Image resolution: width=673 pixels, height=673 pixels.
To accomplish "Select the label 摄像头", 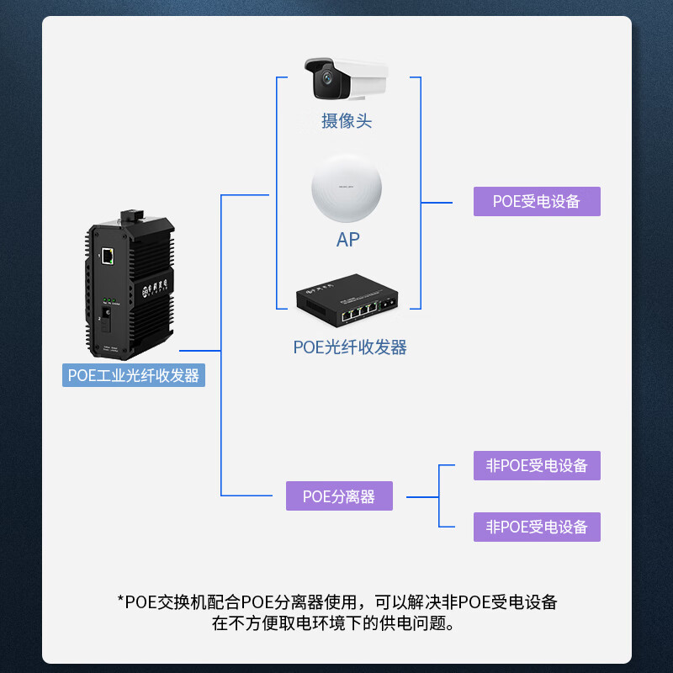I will pyautogui.click(x=347, y=120).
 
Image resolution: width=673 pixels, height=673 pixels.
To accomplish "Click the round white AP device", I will pyautogui.click(x=347, y=189).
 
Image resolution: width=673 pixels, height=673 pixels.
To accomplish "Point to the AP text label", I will pyautogui.click(x=347, y=240).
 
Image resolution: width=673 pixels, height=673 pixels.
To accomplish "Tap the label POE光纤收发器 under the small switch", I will pyautogui.click(x=350, y=347).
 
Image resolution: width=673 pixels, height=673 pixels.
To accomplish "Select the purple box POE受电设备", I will pyautogui.click(x=537, y=202).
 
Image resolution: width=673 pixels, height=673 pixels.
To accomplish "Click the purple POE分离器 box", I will pyautogui.click(x=339, y=496).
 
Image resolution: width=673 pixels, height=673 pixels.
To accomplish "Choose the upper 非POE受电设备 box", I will pyautogui.click(x=537, y=465).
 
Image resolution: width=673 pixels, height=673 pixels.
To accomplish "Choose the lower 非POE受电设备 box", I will pyautogui.click(x=537, y=527).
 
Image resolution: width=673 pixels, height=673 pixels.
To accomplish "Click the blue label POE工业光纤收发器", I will pyautogui.click(x=134, y=374).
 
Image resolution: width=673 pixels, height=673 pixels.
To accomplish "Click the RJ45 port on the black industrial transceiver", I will pyautogui.click(x=109, y=257).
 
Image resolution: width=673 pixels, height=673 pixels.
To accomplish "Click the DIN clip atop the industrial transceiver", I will pyautogui.click(x=130, y=214).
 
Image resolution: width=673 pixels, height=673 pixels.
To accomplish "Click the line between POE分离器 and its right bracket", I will pyautogui.click(x=422, y=497).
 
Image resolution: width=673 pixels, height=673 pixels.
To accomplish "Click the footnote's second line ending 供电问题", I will pyautogui.click(x=336, y=624).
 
